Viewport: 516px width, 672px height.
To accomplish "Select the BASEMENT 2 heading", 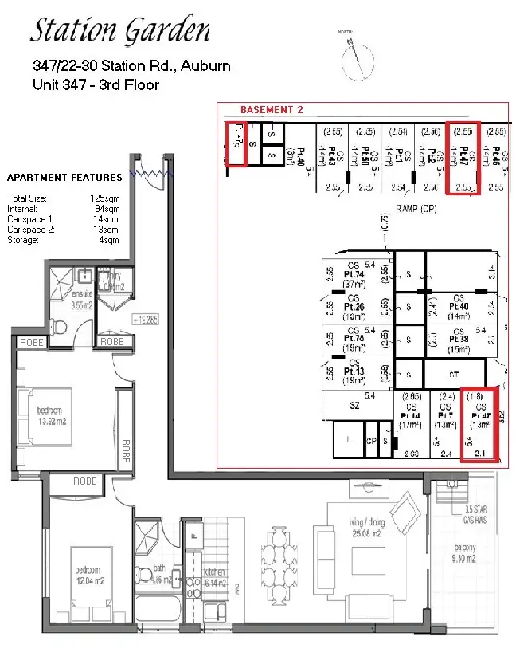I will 272,110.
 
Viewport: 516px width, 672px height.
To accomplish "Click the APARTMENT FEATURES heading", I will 64,177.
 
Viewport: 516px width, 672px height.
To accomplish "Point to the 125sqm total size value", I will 104,198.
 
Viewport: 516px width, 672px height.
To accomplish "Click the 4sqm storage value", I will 108,239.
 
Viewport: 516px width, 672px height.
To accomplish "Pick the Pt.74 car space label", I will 354,275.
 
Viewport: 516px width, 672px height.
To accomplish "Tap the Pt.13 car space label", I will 354,371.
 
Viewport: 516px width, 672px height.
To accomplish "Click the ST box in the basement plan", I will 453,374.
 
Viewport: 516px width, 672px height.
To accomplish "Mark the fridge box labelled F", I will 193,529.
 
